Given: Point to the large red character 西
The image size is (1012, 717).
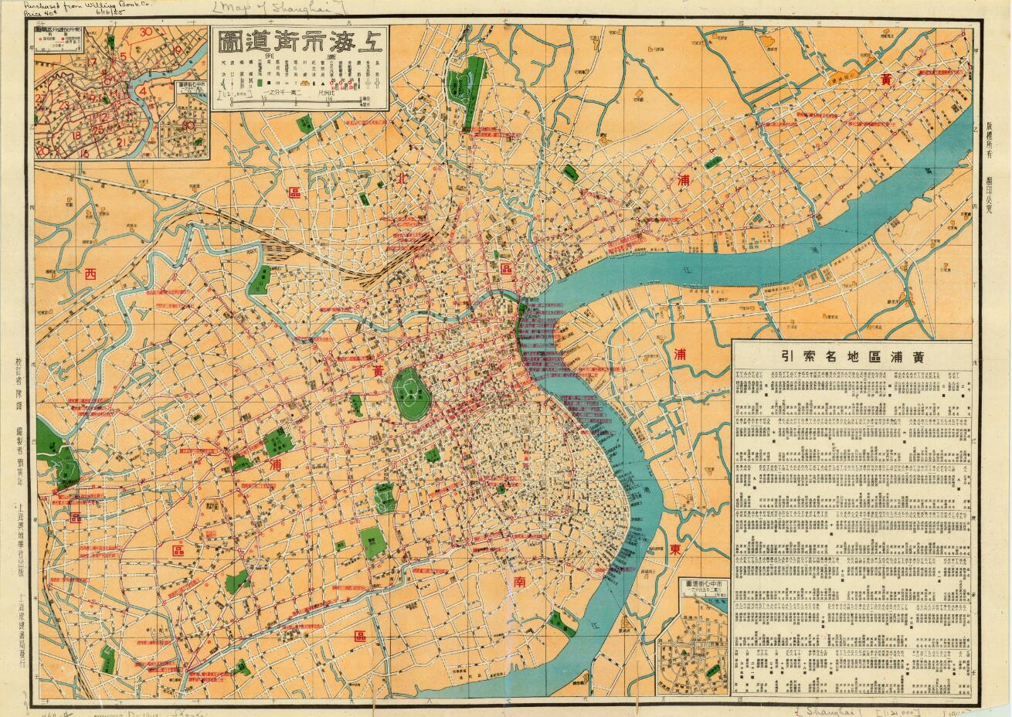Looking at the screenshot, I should (92, 273).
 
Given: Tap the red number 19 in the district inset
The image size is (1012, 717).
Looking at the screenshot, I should (177, 50).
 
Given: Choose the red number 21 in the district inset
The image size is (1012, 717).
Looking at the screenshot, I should (120, 142).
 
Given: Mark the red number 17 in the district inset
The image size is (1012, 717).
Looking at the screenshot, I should (91, 62).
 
